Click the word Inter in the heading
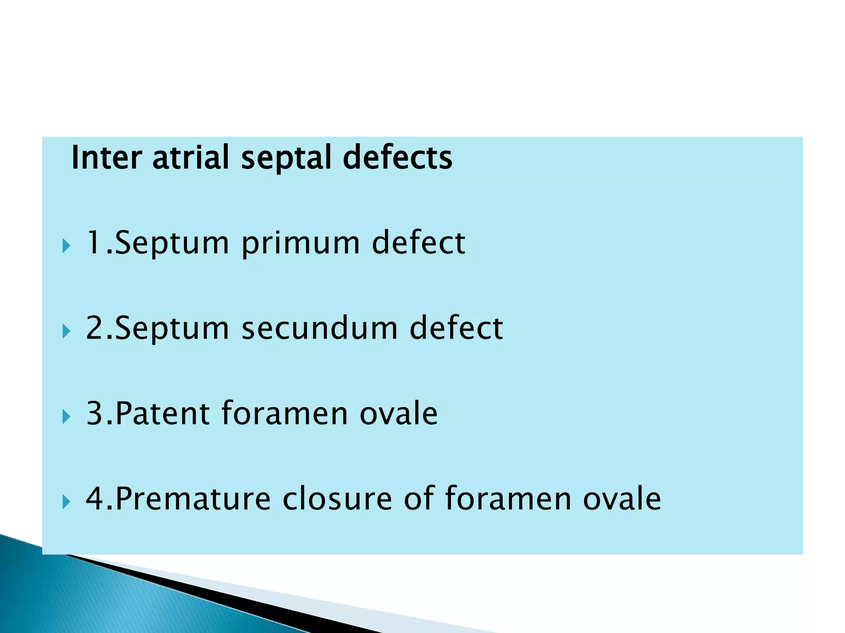pos(107,157)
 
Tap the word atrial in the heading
pos(191,157)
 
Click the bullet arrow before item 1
pos(66,246)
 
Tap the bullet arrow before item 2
pos(66,331)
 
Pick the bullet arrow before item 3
pos(66,417)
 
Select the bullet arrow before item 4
pos(66,502)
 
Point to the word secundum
pos(320,328)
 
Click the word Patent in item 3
pos(163,413)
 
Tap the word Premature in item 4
pos(193,499)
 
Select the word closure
pos(337,499)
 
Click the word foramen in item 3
pos(285,413)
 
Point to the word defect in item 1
pos(418,243)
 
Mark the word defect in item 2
pos(456,328)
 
